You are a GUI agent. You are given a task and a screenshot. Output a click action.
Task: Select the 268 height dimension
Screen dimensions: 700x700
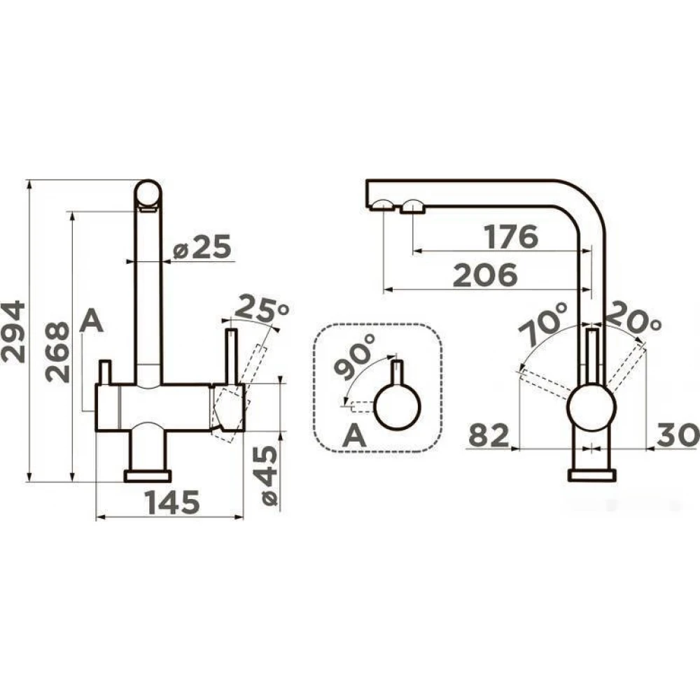coord(57,352)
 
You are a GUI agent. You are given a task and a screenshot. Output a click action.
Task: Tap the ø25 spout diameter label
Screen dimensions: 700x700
coord(202,246)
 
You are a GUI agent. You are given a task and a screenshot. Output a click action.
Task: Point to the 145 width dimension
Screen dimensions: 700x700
coord(172,502)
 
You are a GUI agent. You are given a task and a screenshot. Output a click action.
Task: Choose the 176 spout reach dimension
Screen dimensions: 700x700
coord(512,237)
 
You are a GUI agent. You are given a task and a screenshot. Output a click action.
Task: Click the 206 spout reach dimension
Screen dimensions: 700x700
coord(485,275)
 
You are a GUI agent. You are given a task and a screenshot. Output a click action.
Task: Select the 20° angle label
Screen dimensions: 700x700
coord(634,318)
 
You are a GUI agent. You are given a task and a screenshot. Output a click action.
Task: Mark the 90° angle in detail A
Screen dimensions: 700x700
coord(356,357)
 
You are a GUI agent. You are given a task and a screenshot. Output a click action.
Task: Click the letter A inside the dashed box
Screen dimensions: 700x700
coord(354,435)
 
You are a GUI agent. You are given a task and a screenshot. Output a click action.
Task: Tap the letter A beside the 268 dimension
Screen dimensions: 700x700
coord(92,321)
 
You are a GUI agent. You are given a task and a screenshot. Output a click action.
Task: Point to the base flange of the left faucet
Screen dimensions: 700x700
coord(148,475)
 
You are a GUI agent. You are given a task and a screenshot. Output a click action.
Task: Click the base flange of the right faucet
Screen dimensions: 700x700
coord(592,475)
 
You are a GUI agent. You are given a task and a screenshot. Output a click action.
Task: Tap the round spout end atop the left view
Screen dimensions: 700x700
coord(148,193)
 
